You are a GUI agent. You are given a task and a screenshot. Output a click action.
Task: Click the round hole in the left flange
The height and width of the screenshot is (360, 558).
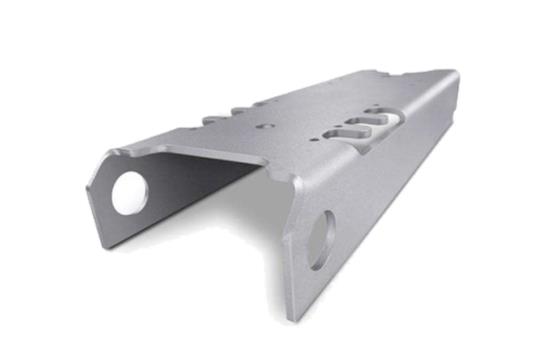point(129,192)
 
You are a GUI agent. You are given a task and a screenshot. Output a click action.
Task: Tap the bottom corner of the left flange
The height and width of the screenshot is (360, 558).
point(104,243)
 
